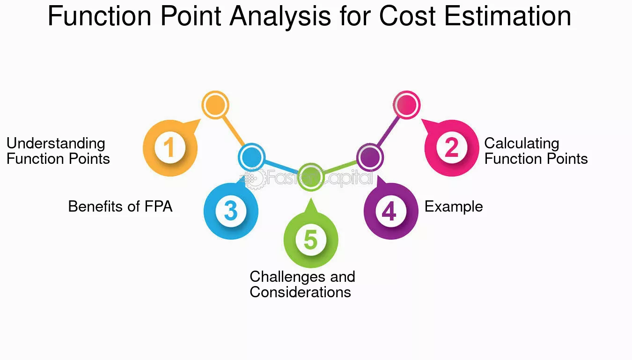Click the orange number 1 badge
(x=170, y=148)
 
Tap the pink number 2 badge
(x=452, y=148)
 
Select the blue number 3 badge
(x=231, y=211)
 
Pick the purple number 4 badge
(x=391, y=211)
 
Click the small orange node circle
(x=215, y=105)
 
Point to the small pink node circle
(x=406, y=105)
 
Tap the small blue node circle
(x=252, y=157)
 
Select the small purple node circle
(x=370, y=157)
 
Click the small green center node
(x=311, y=177)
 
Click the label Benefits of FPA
(x=120, y=206)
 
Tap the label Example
(x=454, y=207)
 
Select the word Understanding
(x=56, y=144)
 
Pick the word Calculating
(x=522, y=144)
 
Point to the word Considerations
(x=301, y=292)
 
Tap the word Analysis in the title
(x=280, y=17)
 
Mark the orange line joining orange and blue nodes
(x=233, y=131)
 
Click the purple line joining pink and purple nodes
(x=388, y=131)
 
